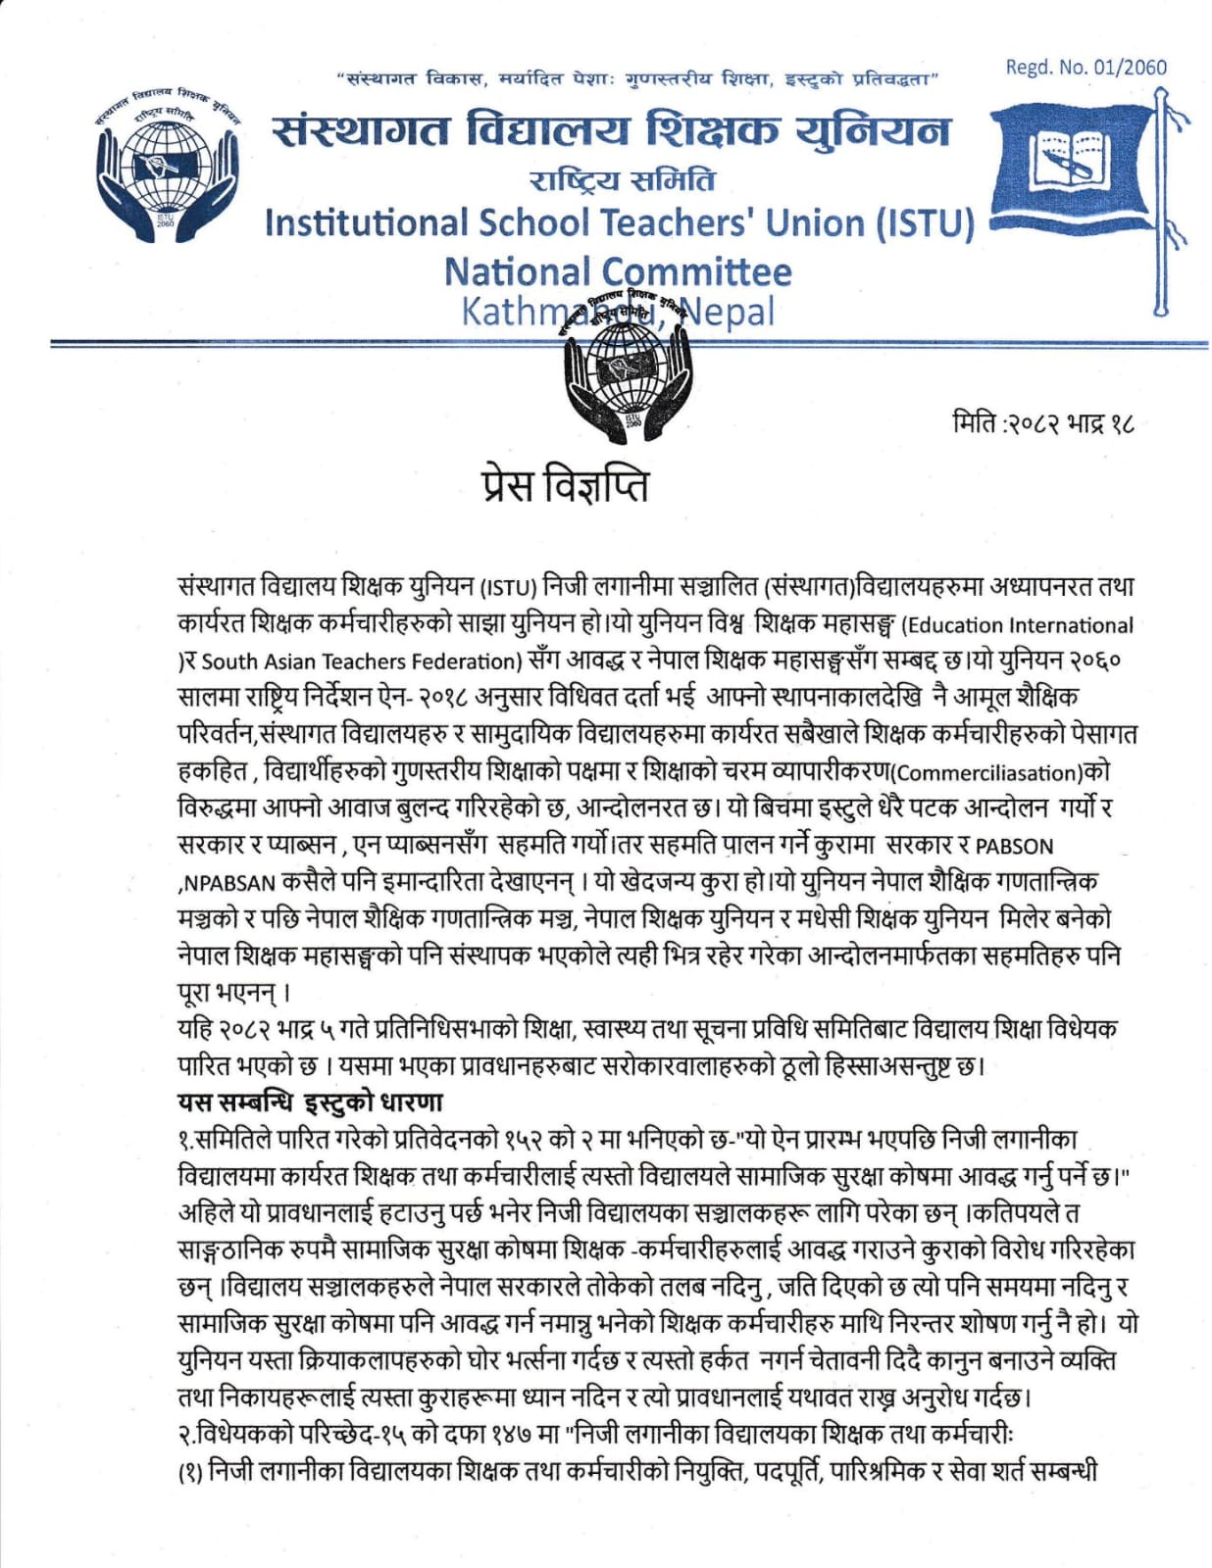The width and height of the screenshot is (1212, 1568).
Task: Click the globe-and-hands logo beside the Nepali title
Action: coord(167,167)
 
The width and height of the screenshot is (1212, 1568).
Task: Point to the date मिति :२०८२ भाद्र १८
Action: coord(1043,424)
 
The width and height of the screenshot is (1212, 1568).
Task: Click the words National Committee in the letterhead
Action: coord(618,271)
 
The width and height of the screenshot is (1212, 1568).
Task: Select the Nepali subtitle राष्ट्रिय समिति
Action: coord(623,180)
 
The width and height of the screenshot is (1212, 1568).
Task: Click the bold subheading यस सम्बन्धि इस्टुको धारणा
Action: coord(310,1102)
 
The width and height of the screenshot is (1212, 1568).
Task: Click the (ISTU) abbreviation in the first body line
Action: coord(507,588)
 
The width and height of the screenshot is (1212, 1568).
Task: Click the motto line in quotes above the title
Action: coord(637,77)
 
